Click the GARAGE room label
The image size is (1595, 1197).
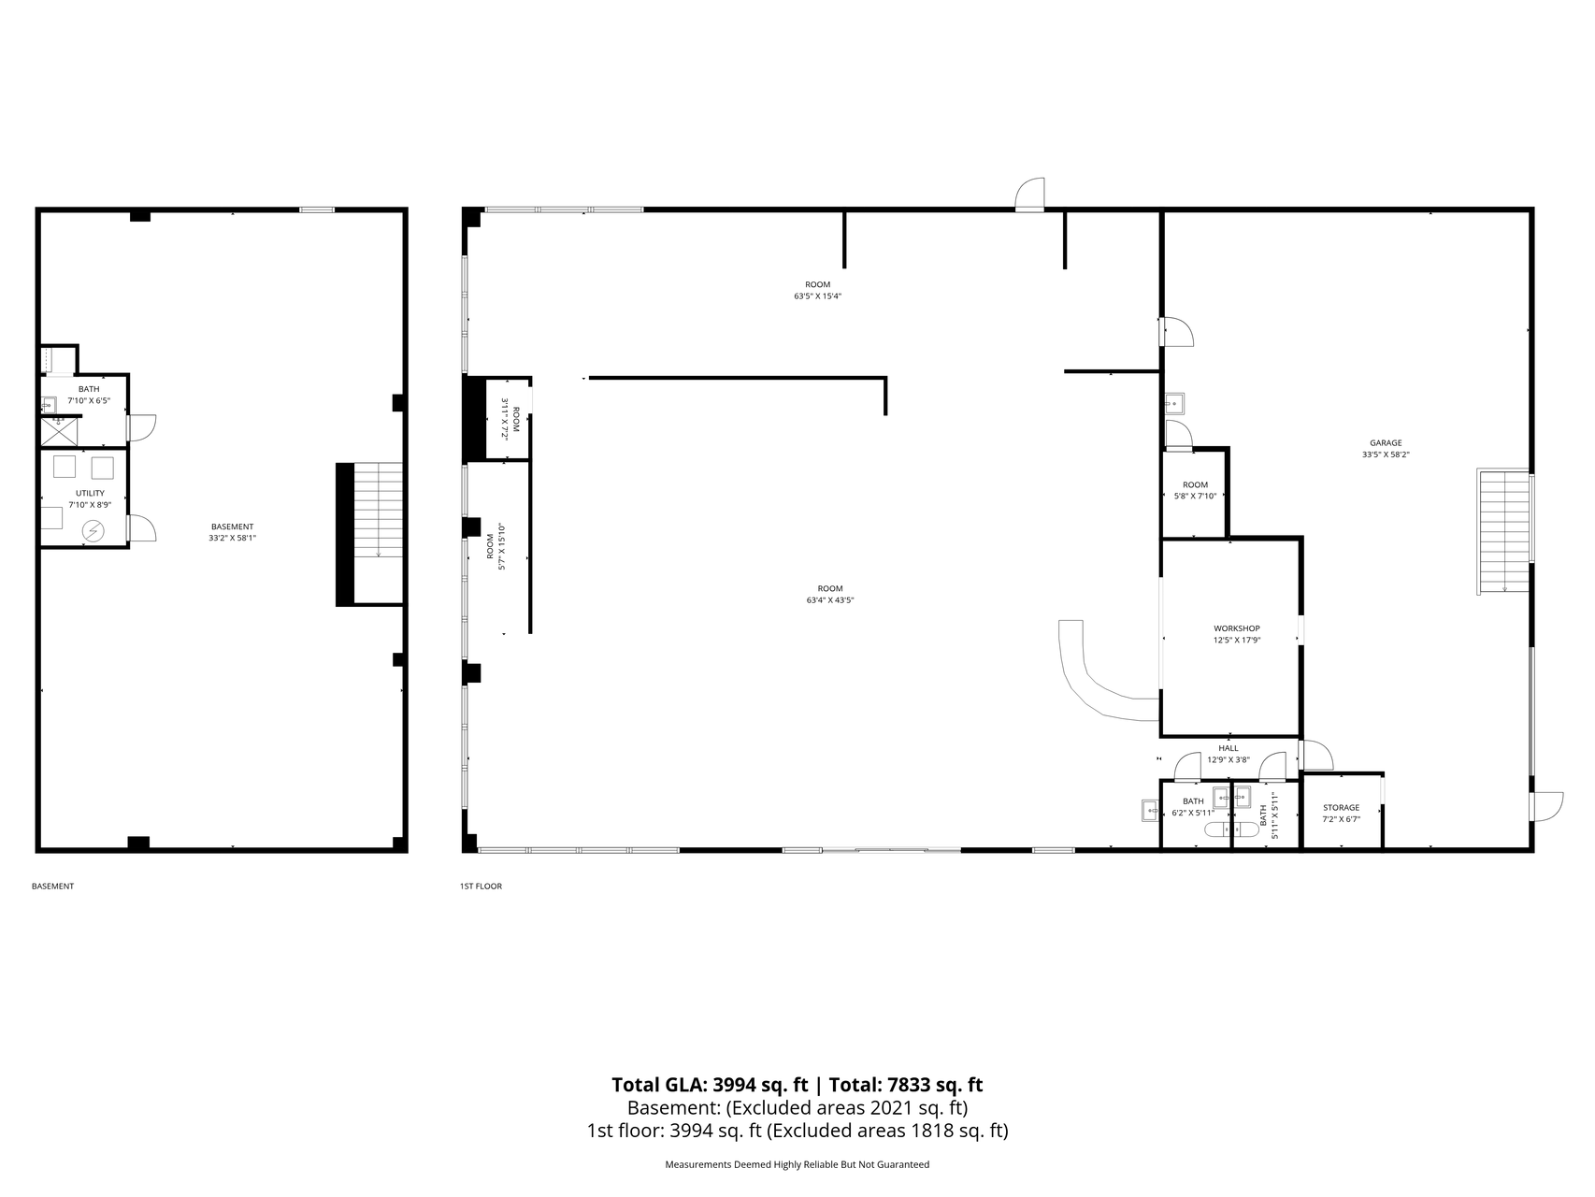point(1386,443)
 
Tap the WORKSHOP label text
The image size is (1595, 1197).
point(1236,628)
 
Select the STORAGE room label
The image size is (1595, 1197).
point(1341,808)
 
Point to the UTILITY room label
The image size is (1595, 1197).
point(90,493)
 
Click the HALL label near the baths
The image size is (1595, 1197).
point(1229,748)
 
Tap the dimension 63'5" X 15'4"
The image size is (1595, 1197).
point(818,296)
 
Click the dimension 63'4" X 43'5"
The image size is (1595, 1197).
point(830,600)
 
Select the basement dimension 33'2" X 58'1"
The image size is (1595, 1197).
point(232,538)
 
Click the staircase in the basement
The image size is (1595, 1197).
point(370,535)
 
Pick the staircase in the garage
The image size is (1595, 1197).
point(1504,531)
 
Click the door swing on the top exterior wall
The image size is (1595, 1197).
point(1030,195)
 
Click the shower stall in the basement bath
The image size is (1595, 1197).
point(58,431)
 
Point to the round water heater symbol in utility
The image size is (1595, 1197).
point(94,531)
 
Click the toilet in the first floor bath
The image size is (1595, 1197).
point(1220,829)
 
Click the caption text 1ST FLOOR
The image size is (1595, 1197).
point(481,887)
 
